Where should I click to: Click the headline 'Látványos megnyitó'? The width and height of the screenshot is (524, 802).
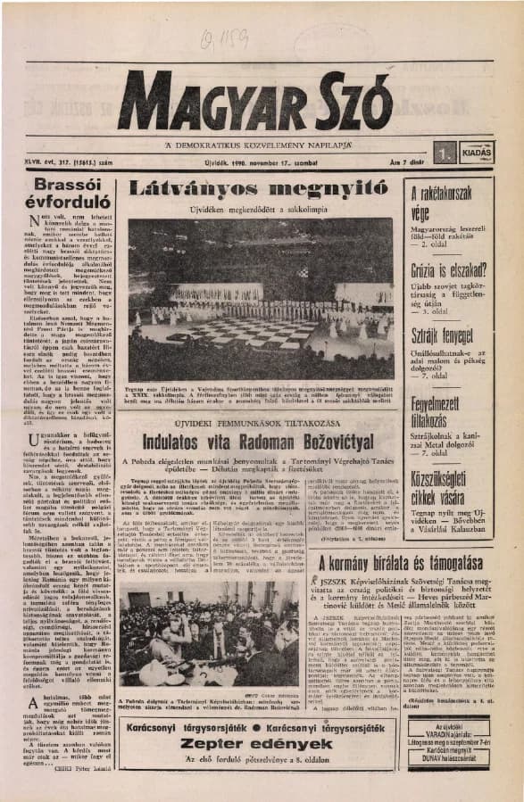click(x=260, y=188)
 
